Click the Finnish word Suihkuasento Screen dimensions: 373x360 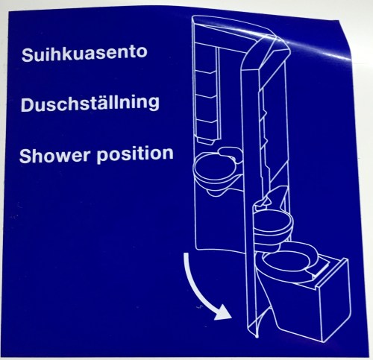click(84, 53)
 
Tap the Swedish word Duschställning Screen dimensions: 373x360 click(90, 104)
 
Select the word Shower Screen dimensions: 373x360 click(54, 155)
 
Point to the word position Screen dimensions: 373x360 click(135, 154)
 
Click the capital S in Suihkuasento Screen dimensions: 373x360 click(28, 54)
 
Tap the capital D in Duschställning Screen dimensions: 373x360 click(28, 105)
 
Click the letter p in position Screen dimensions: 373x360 click(102, 157)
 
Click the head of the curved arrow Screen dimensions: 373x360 click(222, 311)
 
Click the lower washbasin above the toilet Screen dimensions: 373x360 click(274, 227)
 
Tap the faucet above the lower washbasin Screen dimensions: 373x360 click(267, 200)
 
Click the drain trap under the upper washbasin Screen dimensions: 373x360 click(216, 192)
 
